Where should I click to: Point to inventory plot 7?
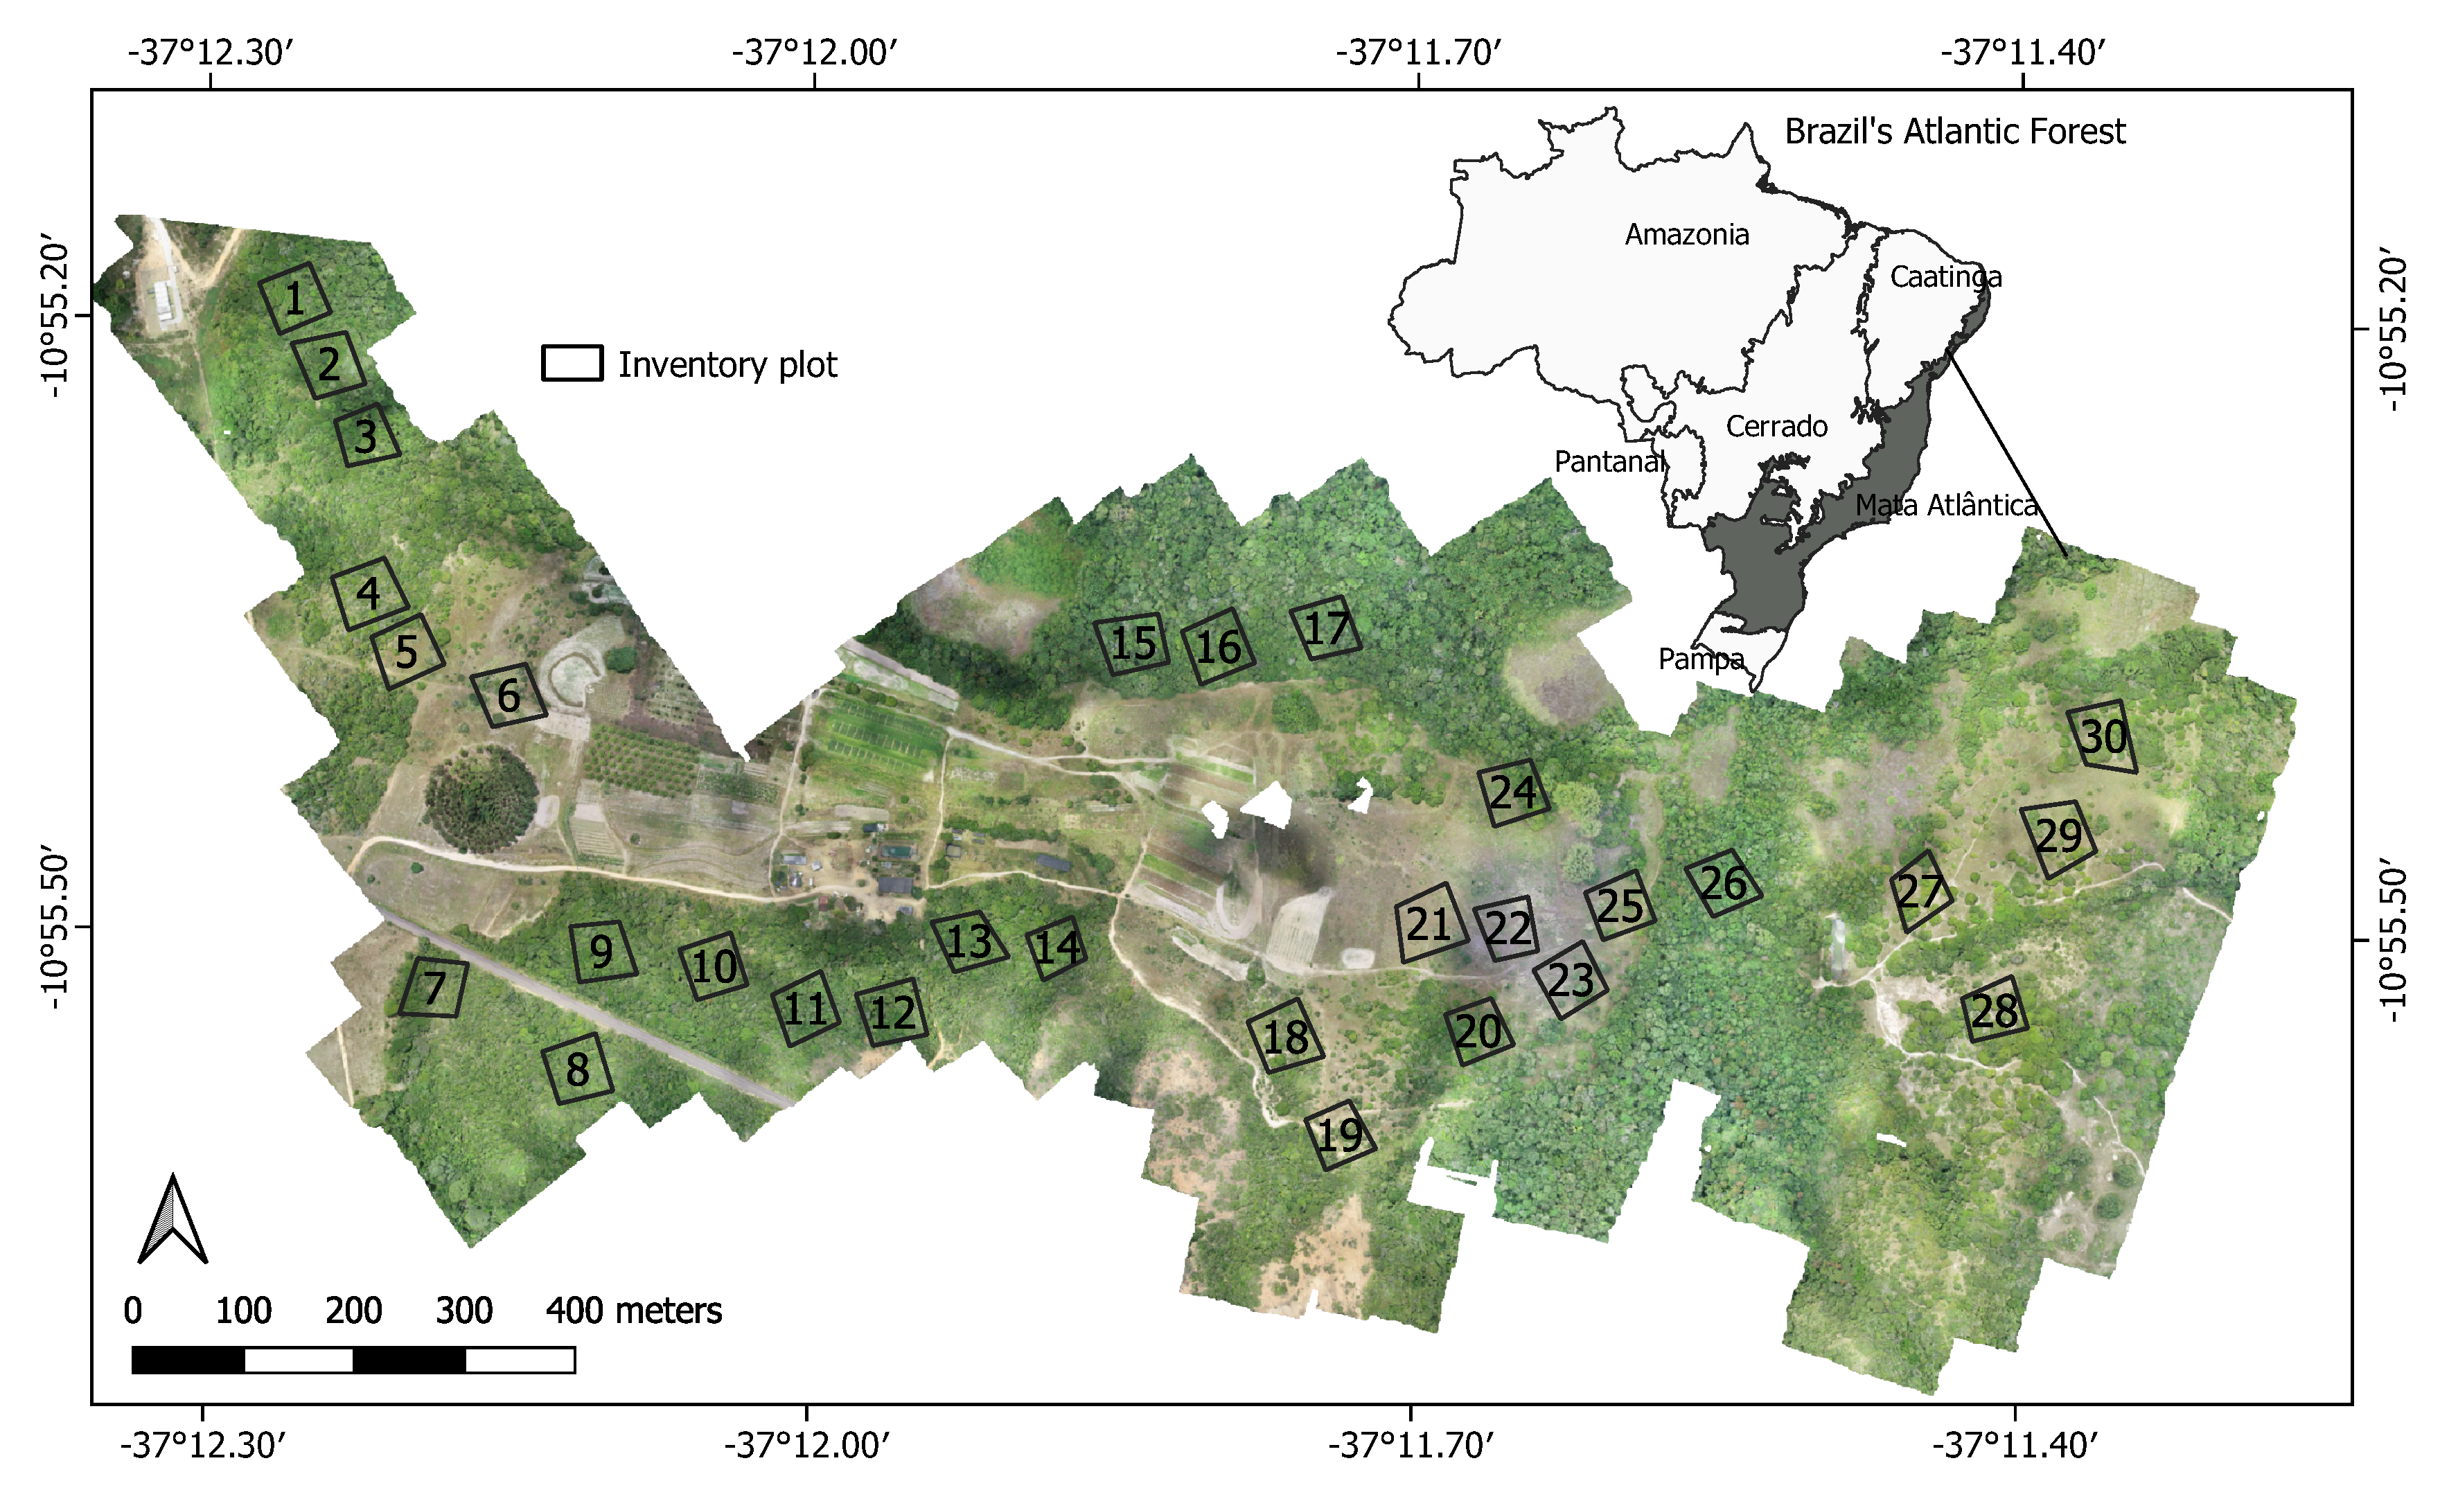tap(433, 987)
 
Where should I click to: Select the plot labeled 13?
tap(968, 941)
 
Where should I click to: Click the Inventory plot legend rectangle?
tap(572, 364)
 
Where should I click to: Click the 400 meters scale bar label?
tap(633, 1311)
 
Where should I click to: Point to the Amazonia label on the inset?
tap(1686, 235)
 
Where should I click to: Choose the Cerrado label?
tap(1777, 426)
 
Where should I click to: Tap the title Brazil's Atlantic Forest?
tap(1954, 132)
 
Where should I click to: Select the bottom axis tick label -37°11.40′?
tap(2015, 1446)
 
